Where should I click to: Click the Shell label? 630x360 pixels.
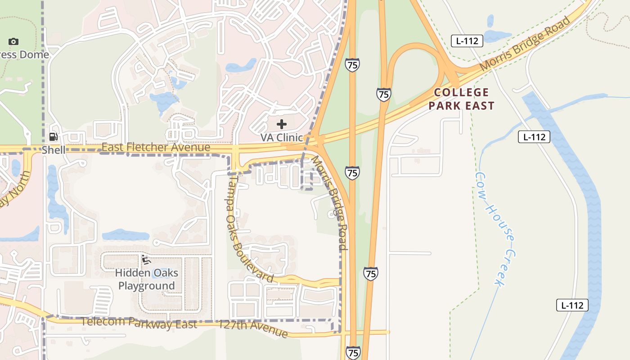[54, 150]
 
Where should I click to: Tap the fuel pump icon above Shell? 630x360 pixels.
[53, 136]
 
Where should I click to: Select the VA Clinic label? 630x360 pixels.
[282, 137]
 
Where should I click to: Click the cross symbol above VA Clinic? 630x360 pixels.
[282, 124]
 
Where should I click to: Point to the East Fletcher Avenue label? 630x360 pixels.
[156, 147]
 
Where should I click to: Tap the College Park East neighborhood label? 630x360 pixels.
[461, 99]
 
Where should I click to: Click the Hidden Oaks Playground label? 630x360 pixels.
[147, 279]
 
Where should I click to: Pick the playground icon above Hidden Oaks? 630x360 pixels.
[146, 259]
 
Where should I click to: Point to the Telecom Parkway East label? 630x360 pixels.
[139, 323]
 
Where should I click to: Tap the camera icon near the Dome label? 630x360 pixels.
[13, 41]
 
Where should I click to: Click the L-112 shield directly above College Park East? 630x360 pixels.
[467, 41]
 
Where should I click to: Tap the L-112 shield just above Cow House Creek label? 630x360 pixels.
[534, 137]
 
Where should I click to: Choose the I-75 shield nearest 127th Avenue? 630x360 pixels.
[353, 352]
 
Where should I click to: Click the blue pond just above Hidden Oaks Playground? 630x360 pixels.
[126, 235]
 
